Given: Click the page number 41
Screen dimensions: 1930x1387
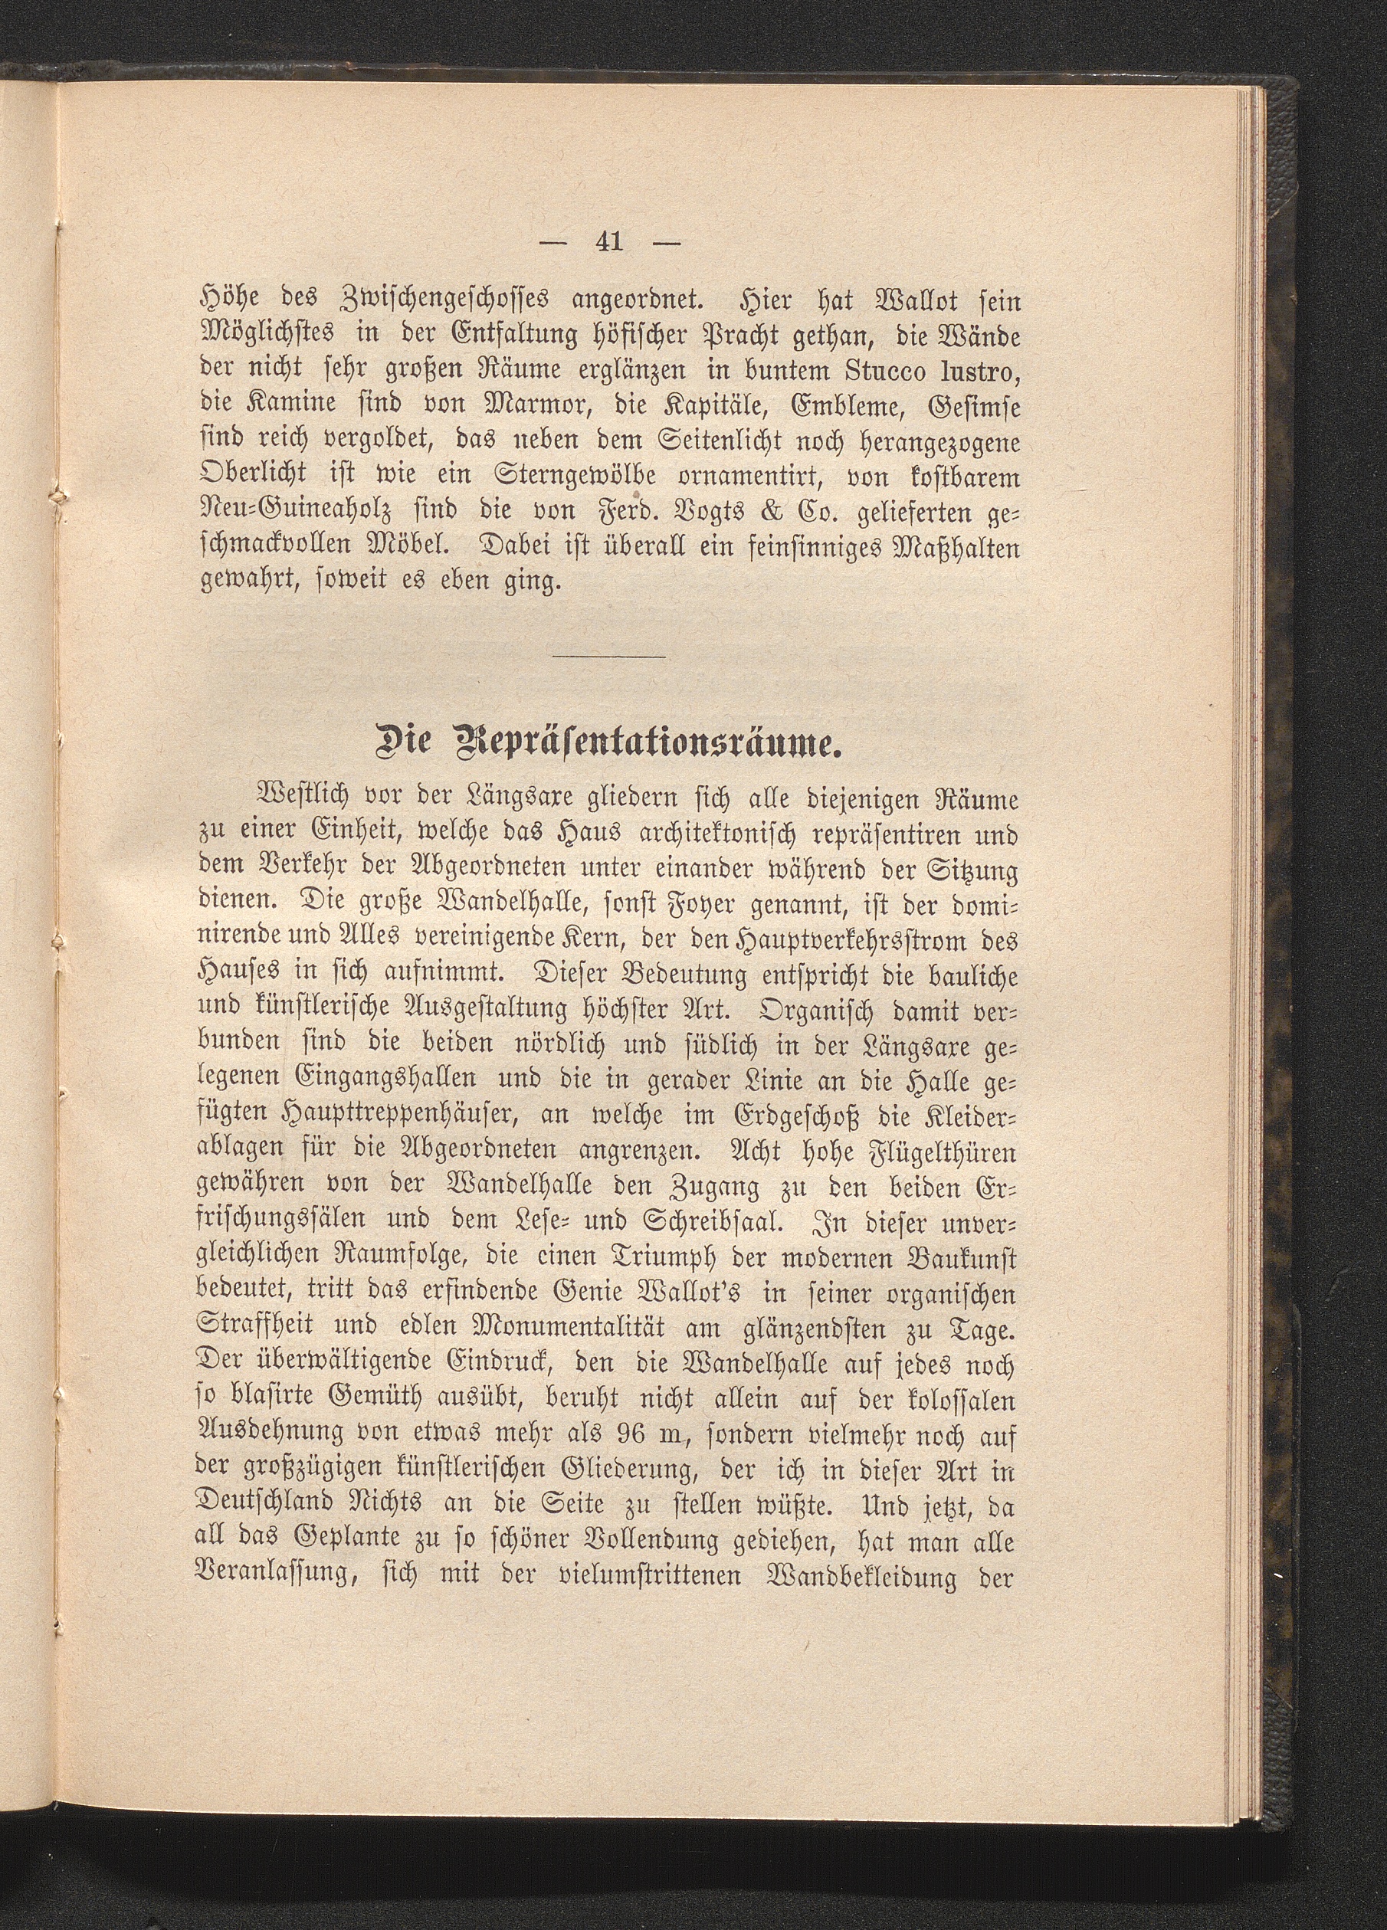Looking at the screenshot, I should (610, 243).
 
